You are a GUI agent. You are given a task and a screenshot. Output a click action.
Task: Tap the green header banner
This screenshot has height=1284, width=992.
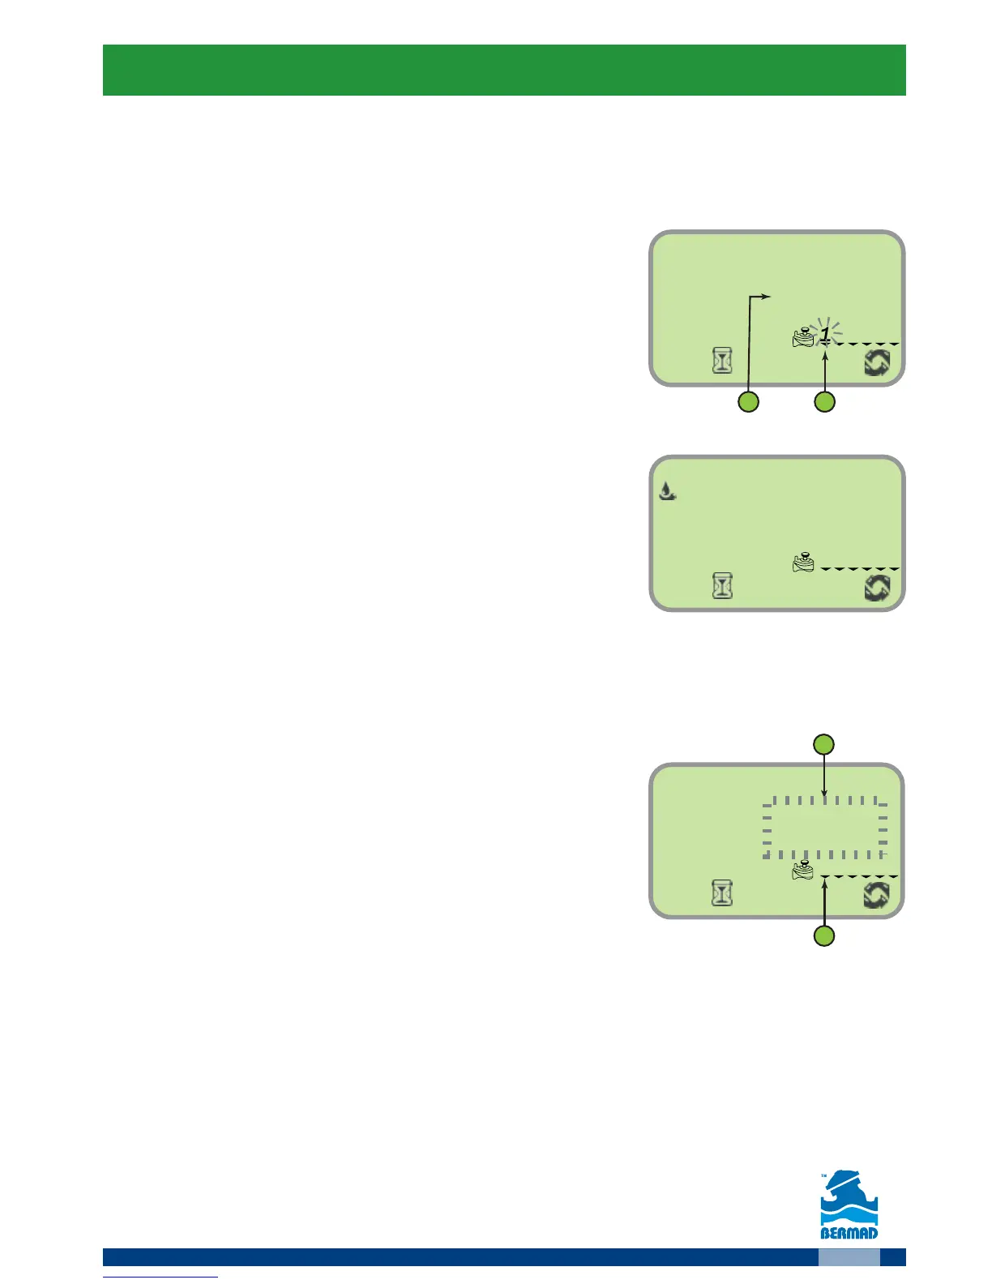pos(503,70)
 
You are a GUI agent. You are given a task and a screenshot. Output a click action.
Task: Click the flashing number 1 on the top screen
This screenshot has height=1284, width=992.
pos(825,333)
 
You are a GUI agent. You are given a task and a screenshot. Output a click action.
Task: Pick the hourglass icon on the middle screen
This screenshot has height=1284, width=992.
pos(722,585)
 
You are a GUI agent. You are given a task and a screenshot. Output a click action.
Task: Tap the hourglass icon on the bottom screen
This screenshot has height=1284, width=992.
pos(722,893)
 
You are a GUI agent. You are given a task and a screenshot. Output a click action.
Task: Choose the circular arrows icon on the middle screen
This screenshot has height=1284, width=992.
pos(877,587)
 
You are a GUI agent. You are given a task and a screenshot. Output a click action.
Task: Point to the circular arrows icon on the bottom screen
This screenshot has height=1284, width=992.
pos(877,895)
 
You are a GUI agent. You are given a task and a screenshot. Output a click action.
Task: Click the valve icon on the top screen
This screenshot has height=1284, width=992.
pos(802,338)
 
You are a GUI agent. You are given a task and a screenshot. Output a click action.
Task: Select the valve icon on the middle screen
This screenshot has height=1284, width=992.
pos(803,563)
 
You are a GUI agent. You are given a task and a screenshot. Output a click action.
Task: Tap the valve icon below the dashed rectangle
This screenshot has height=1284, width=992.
pos(803,871)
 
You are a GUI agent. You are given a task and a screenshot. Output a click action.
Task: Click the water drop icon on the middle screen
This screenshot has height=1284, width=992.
pos(666,490)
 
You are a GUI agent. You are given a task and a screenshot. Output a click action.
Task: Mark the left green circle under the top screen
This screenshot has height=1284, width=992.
pos(747,401)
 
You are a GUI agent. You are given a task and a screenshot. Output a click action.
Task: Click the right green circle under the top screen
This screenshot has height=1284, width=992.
pos(824,401)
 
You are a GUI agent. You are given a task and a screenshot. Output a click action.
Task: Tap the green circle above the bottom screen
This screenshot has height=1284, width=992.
pos(823,744)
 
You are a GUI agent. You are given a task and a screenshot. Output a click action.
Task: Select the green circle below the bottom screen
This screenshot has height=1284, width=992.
pos(823,937)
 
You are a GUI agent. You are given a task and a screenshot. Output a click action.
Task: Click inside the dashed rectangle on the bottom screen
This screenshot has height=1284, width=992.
pos(823,828)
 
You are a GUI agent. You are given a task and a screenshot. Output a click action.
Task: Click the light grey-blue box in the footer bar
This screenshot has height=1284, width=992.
pos(849,1256)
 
